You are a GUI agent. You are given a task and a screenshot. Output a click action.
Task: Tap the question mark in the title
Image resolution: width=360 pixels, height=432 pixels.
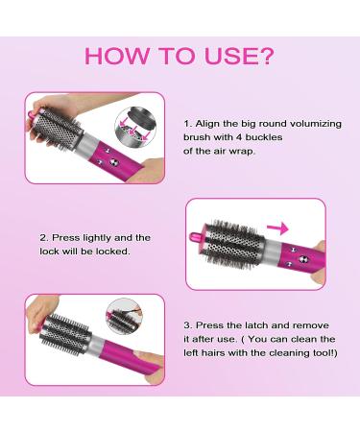pos(266,56)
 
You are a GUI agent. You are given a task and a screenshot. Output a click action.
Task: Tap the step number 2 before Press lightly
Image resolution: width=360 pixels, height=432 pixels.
pos(44,236)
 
